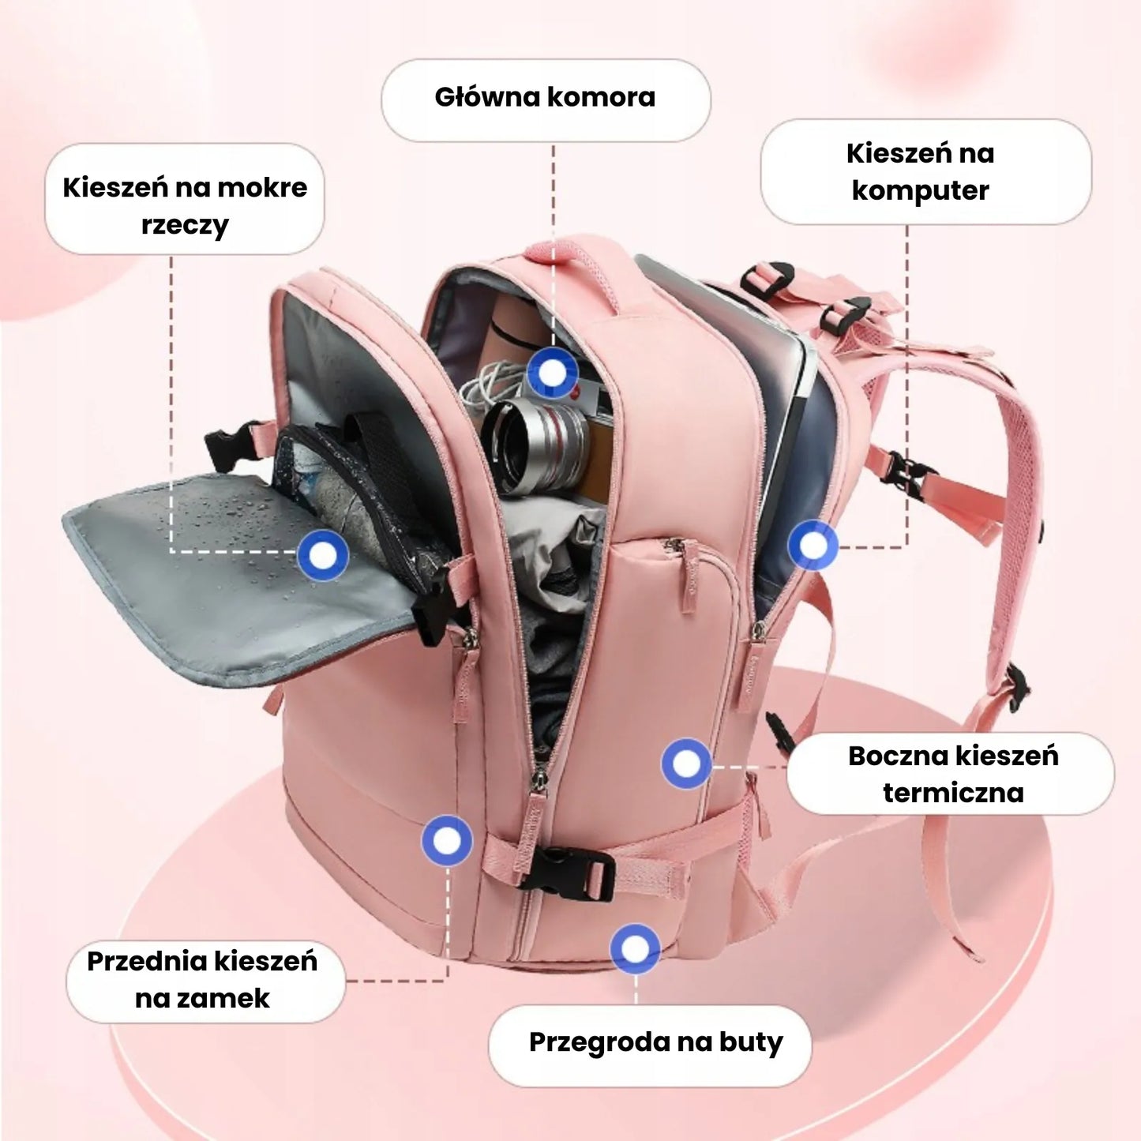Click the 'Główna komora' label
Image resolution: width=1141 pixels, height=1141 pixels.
(x=545, y=98)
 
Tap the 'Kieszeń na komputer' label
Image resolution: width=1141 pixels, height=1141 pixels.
(x=920, y=172)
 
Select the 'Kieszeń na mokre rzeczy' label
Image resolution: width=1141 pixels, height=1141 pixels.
(x=185, y=206)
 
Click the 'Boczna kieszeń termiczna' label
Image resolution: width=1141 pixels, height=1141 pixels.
(x=953, y=775)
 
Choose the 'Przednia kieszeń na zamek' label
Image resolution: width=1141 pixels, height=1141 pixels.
(x=202, y=979)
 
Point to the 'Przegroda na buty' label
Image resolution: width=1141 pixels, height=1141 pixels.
(x=655, y=1043)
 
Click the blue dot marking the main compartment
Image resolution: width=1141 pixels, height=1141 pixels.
(x=553, y=373)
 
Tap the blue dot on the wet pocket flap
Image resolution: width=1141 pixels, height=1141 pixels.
(x=323, y=555)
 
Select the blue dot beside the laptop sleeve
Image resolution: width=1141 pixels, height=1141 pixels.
(x=813, y=546)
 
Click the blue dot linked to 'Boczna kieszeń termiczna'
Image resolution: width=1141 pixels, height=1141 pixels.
(x=686, y=764)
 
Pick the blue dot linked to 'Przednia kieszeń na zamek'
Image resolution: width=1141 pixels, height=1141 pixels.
(x=447, y=840)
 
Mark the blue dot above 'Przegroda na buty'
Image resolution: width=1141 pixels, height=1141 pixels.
(x=636, y=949)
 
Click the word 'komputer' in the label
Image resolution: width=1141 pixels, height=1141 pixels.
(x=920, y=190)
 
